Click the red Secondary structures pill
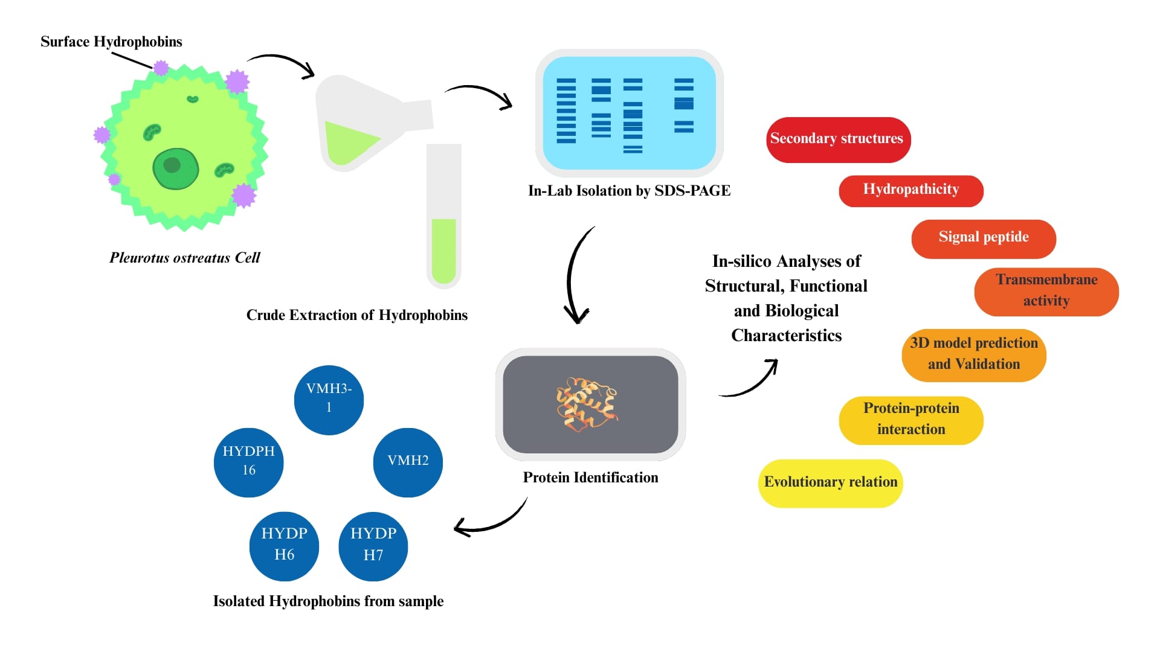point(838,139)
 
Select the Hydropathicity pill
point(910,191)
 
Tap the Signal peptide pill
point(983,238)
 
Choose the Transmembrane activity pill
point(1046,292)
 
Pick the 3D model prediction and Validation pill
point(973,355)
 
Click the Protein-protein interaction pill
point(910,420)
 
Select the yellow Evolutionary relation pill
point(830,483)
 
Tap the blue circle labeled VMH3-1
point(329,400)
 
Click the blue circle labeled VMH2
point(408,462)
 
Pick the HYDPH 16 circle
point(248,462)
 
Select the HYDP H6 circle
point(284,546)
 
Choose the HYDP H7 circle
point(373,546)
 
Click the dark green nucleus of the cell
point(175,168)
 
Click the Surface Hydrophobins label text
point(111,42)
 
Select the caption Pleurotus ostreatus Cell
point(184,258)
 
